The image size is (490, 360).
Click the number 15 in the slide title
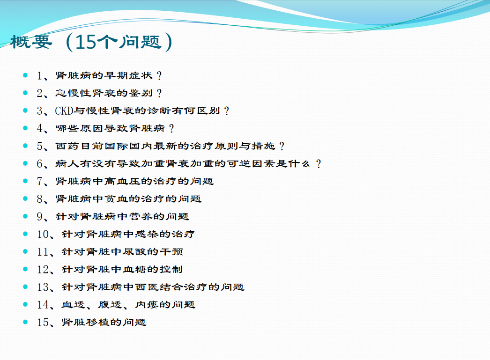(86, 42)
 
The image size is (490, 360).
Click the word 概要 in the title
(31, 42)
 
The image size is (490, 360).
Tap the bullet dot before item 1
(25, 75)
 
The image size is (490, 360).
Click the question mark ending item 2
(159, 93)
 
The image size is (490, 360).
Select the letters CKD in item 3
(64, 111)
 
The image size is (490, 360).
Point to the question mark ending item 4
(171, 128)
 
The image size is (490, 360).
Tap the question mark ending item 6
(319, 163)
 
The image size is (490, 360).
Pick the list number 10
(43, 234)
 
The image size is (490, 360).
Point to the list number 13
(43, 287)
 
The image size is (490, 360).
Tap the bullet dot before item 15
(25, 322)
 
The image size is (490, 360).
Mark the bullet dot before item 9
(25, 216)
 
